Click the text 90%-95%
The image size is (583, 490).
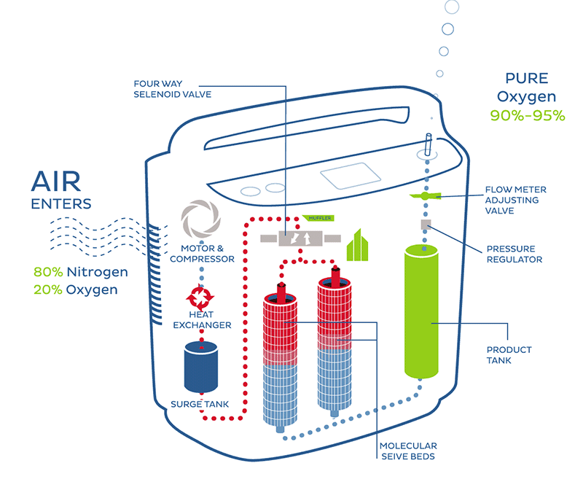[x=528, y=115]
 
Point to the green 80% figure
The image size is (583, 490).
[x=48, y=272]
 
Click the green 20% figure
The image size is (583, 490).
[x=48, y=289]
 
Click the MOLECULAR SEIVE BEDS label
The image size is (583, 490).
[x=407, y=451]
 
